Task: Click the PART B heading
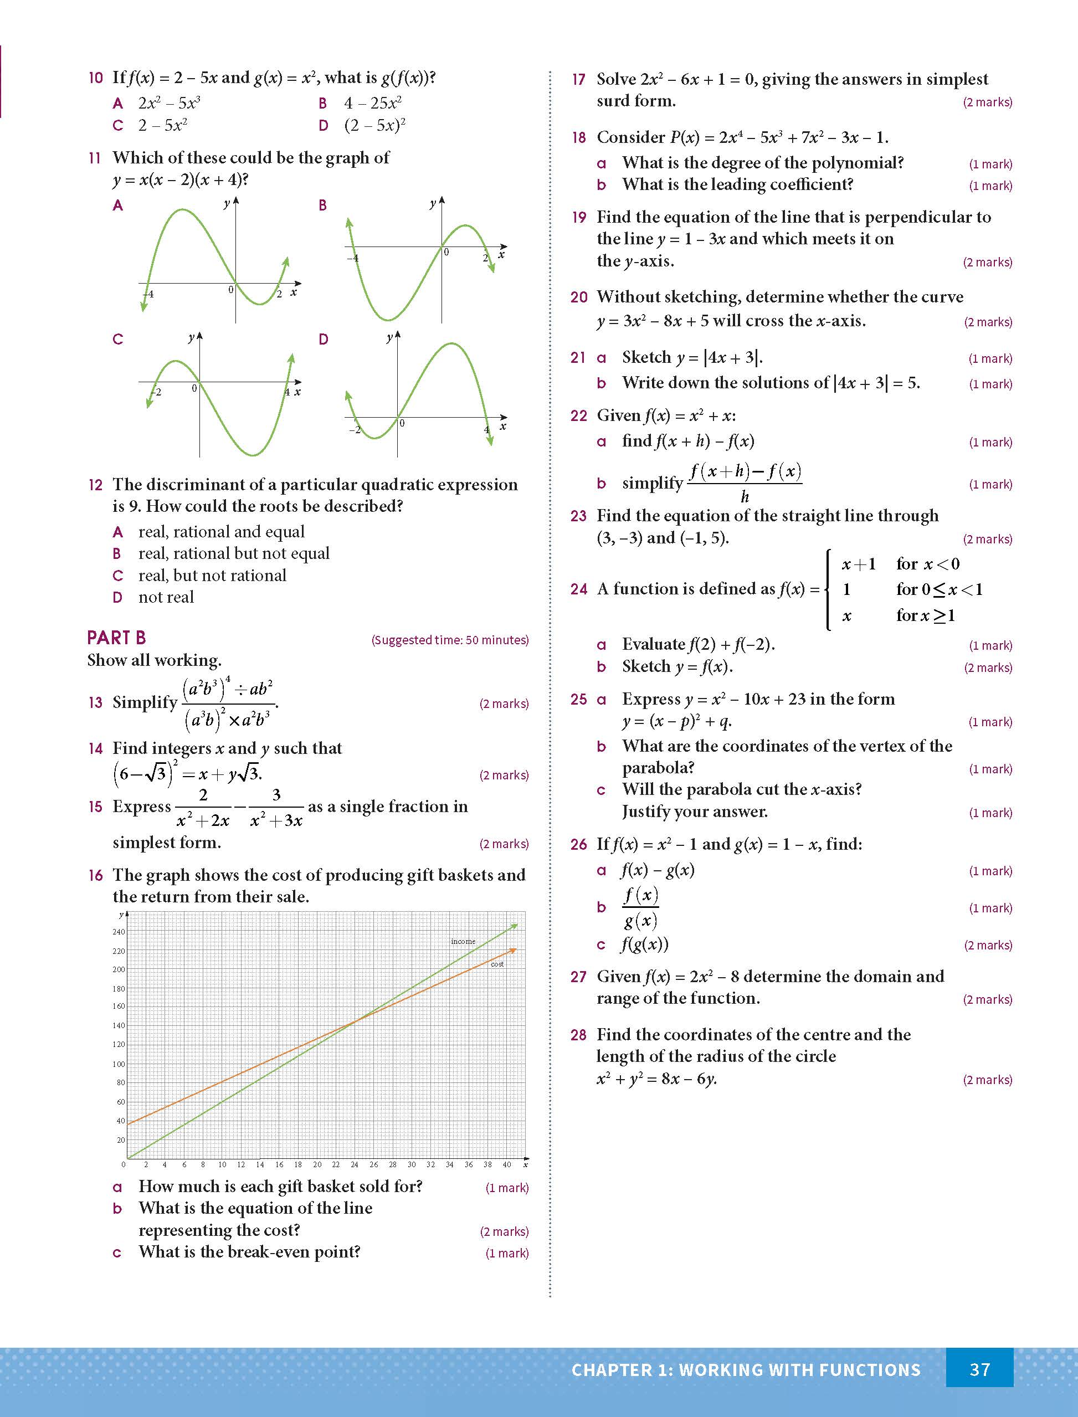(116, 638)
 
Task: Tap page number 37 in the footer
(979, 1369)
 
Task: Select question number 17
(578, 80)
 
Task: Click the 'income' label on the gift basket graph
(463, 941)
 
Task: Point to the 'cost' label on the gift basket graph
(497, 964)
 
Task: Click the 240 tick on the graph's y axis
(119, 931)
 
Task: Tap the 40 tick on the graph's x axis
(506, 1164)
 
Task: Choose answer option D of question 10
(324, 125)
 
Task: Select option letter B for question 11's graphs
(323, 206)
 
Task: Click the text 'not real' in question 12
(166, 597)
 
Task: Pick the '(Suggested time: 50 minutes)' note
(450, 640)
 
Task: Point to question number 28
(578, 1035)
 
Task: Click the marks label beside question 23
(988, 540)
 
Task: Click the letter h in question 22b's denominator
(745, 496)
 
